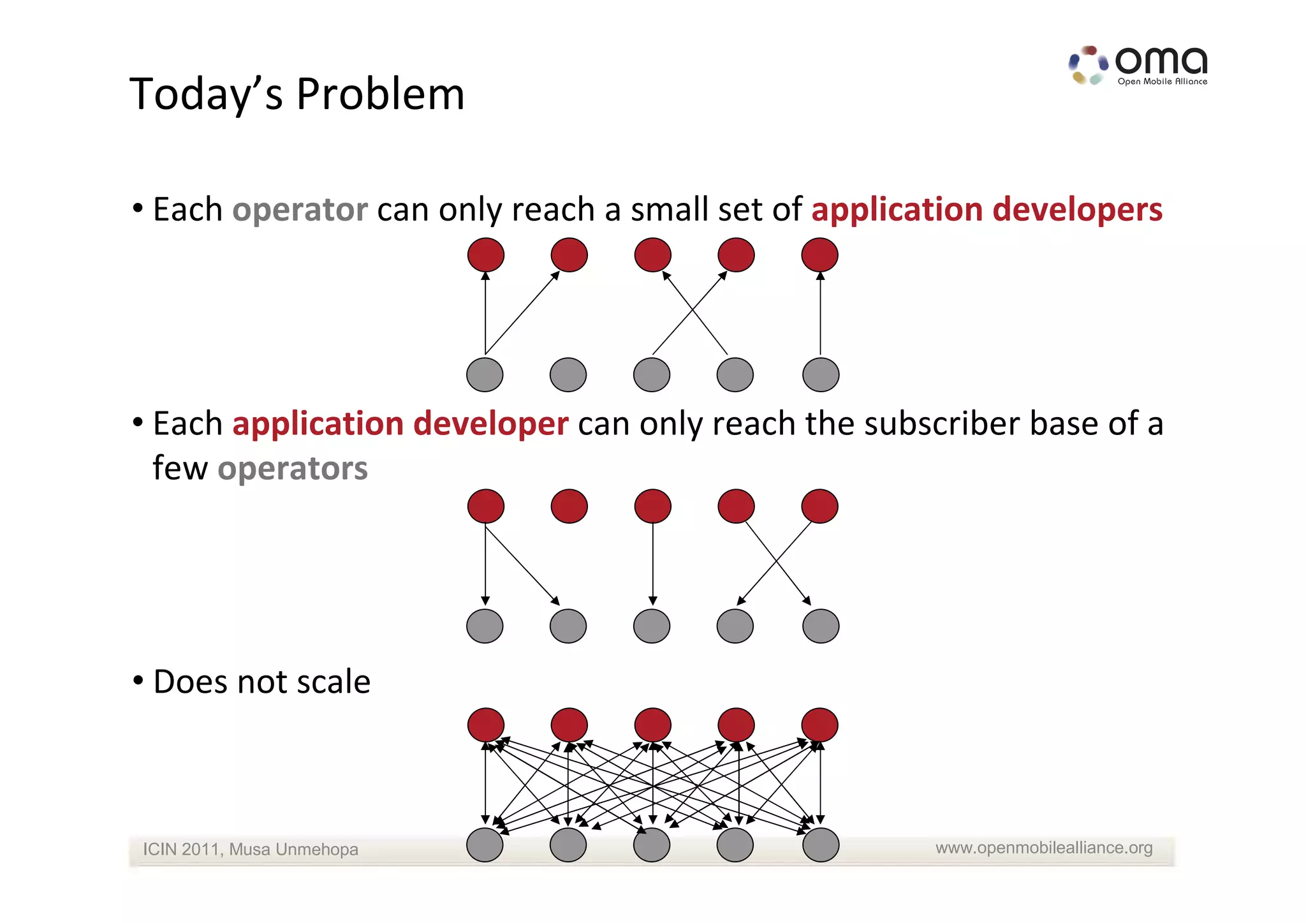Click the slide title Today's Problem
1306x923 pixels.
[297, 94]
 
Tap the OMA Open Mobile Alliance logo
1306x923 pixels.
[1138, 65]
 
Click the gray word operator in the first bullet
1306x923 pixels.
[300, 209]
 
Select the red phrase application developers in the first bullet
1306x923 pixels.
[987, 209]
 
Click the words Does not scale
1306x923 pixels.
[261, 681]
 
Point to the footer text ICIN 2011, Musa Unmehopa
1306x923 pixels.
[250, 849]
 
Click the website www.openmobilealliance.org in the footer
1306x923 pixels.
[1044, 848]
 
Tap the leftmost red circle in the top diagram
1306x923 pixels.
[486, 255]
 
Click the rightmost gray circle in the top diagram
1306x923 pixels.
[821, 374]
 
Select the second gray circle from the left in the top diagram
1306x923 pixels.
[568, 374]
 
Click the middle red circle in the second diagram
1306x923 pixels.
[653, 506]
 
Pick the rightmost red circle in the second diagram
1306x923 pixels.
[819, 506]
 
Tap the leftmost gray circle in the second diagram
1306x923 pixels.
[485, 626]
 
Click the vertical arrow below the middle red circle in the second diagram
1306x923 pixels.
[653, 565]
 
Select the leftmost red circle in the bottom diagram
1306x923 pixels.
[486, 725]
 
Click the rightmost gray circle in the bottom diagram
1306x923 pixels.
[821, 845]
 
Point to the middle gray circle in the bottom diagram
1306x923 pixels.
[652, 845]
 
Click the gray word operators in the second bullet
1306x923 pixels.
[293, 468]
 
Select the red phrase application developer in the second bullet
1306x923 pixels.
[400, 424]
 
